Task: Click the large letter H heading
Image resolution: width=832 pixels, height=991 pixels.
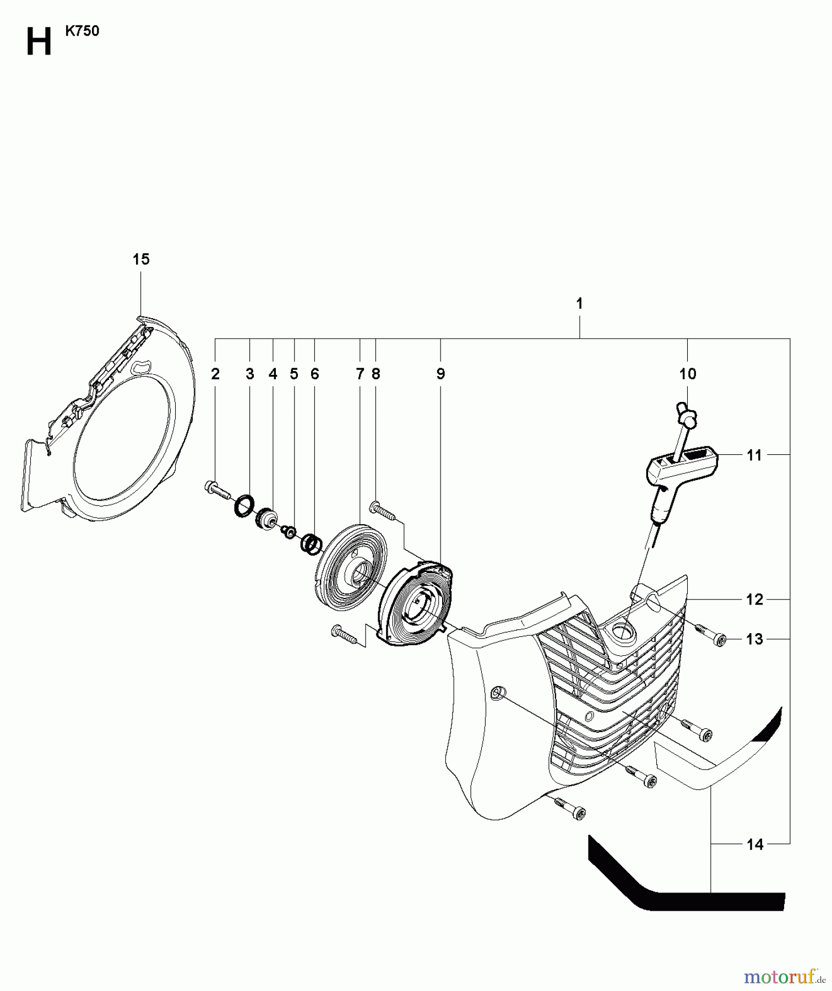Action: (x=39, y=43)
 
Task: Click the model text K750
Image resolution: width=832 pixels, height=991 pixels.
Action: (x=82, y=31)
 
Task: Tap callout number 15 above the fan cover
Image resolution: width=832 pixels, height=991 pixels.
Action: (x=141, y=259)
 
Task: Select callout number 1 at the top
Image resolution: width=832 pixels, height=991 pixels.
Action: (x=579, y=303)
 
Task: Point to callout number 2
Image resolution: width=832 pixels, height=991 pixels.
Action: (x=215, y=374)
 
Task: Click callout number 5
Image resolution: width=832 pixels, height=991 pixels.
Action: (x=294, y=374)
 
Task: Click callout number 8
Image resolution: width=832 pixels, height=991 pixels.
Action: (x=376, y=374)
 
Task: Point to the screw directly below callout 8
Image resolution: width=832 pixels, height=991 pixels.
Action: (x=383, y=509)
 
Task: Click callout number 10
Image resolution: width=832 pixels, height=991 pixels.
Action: (x=688, y=374)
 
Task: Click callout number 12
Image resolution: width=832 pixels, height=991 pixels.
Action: (x=754, y=600)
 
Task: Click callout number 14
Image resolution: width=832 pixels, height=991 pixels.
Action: (x=754, y=845)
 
